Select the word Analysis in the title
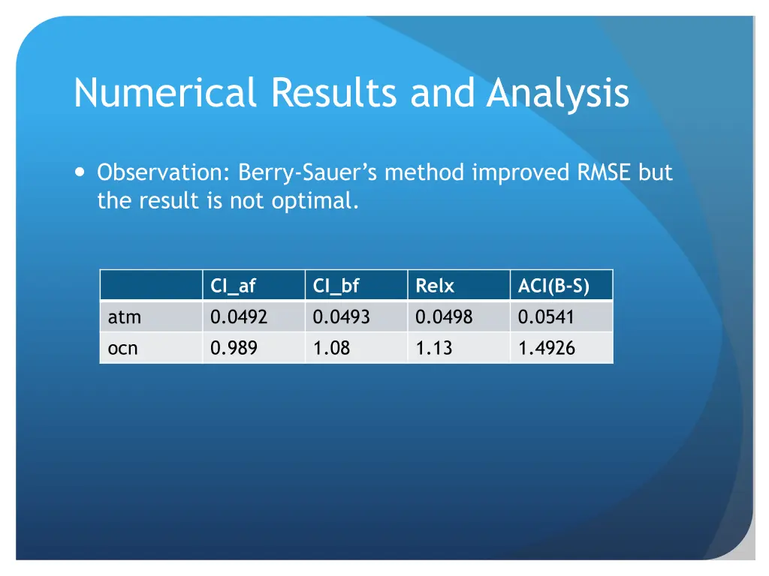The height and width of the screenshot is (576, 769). coord(557,93)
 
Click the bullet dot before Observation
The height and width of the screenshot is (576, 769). coord(80,172)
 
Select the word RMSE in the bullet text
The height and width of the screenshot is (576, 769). coord(605,173)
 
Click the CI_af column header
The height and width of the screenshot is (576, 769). coord(233,286)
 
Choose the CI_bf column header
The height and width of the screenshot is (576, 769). coord(336,286)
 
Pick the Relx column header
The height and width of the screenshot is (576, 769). coord(435,286)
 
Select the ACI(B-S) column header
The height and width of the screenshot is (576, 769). coord(553,286)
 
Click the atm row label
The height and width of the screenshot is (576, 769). coord(125,317)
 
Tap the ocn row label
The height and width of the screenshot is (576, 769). coord(123,348)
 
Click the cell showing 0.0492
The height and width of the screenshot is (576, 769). coord(239,317)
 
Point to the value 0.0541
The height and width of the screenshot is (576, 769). coord(546,317)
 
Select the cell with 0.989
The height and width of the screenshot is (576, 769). coord(234,348)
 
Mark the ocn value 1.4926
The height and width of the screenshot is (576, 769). coord(546,348)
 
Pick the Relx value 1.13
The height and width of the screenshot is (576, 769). coord(434,348)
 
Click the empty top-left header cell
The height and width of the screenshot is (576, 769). coord(151,286)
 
